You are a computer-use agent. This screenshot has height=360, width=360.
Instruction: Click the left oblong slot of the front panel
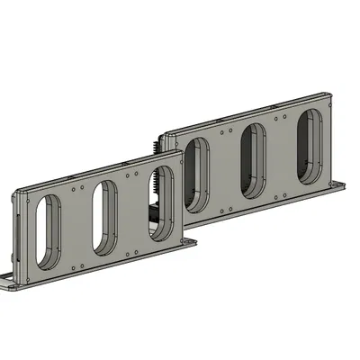pos(44,232)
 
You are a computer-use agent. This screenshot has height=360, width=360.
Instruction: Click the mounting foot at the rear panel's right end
pos(340,186)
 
